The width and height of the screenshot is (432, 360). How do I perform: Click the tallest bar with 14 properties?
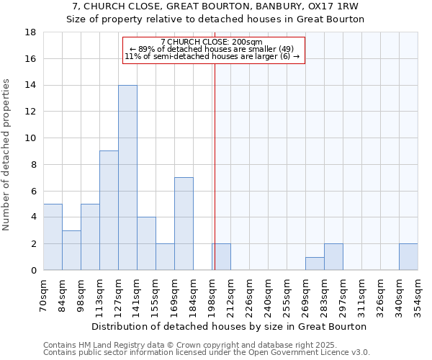[x=127, y=178]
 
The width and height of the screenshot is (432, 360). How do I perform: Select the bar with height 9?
[x=109, y=210]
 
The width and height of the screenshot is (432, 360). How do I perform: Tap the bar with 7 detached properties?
[x=184, y=223]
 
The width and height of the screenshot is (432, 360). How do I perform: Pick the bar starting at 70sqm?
[x=53, y=237]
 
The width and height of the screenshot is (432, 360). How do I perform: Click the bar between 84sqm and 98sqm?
[x=71, y=250]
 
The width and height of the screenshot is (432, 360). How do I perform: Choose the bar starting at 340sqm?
[x=408, y=257]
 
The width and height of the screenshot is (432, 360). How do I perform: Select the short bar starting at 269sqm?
[x=315, y=264]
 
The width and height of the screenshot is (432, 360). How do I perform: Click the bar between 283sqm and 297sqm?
[x=333, y=257]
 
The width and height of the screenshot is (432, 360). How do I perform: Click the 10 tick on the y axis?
[x=30, y=138]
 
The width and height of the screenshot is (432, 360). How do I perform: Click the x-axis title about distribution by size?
[x=230, y=326]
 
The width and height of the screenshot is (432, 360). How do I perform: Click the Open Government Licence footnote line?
[x=207, y=352]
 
